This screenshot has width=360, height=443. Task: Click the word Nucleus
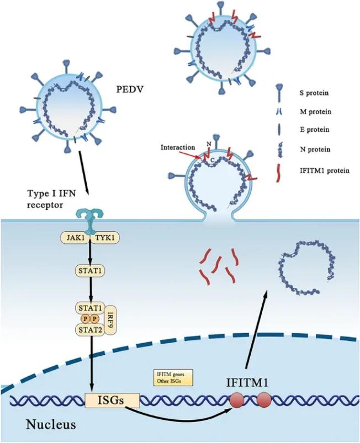click(39, 425)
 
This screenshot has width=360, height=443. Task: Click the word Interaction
click(178, 148)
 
